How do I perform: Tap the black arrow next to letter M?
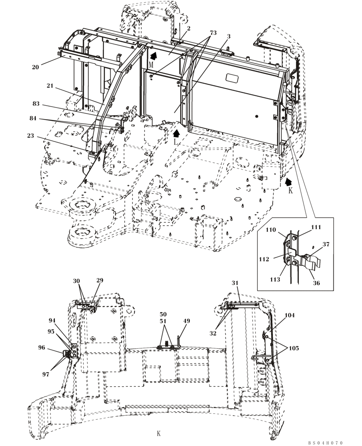click(153, 56)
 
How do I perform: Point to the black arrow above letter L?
click(177, 132)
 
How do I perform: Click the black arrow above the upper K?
click(289, 181)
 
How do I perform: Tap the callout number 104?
click(290, 315)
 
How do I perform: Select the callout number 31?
click(235, 283)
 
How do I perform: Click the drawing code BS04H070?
click(325, 442)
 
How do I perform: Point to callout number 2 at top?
click(189, 28)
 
